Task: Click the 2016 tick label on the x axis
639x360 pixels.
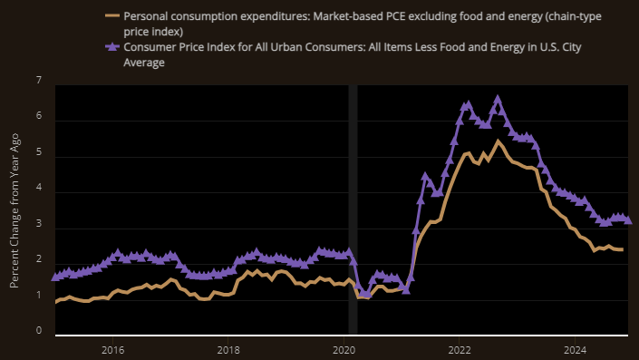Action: (112, 349)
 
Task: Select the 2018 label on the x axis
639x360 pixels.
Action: (228, 349)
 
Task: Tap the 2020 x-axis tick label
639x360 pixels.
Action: (344, 349)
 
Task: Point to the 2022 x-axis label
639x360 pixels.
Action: (460, 349)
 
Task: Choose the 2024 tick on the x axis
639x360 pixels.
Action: (575, 349)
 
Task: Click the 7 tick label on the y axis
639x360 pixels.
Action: (38, 82)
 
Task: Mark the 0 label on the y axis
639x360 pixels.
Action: (38, 331)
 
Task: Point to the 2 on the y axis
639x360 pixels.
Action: (38, 260)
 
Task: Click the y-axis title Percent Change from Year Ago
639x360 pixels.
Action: (15, 207)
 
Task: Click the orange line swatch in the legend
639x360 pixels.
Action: (111, 16)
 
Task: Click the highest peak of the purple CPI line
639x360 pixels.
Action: (497, 100)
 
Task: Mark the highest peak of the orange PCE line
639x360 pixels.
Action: (497, 141)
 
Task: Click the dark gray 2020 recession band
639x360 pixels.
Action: (353, 209)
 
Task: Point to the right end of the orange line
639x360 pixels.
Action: (622, 249)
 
